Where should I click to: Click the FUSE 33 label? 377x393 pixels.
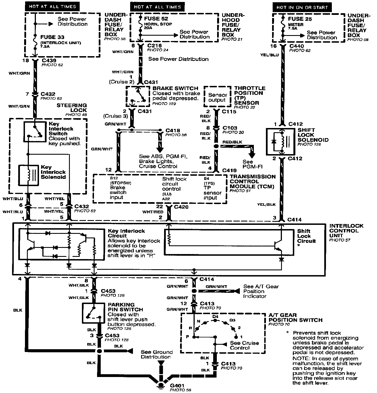pos(52,37)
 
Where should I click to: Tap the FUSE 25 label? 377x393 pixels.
pos(300,19)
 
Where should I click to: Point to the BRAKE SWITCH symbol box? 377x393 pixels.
pos(137,96)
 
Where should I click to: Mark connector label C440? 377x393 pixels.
pos(296,46)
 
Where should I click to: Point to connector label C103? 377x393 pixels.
pos(230,128)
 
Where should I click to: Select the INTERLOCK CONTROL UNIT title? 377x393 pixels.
pos(346,230)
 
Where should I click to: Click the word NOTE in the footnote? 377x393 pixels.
pos(299,358)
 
